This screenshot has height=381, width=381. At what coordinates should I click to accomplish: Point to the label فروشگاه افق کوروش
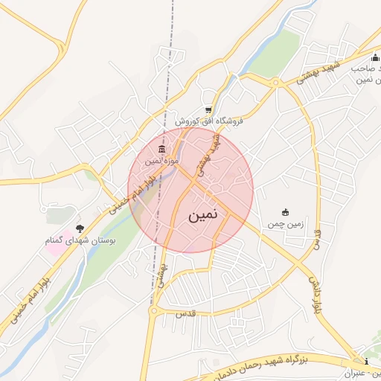click(211, 120)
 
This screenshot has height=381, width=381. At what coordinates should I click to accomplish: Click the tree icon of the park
click(80, 228)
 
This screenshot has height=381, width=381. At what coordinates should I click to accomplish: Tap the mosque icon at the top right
click(374, 59)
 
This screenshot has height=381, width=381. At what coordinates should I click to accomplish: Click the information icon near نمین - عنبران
click(365, 362)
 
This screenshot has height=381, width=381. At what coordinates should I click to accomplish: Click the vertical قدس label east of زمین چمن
click(318, 239)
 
